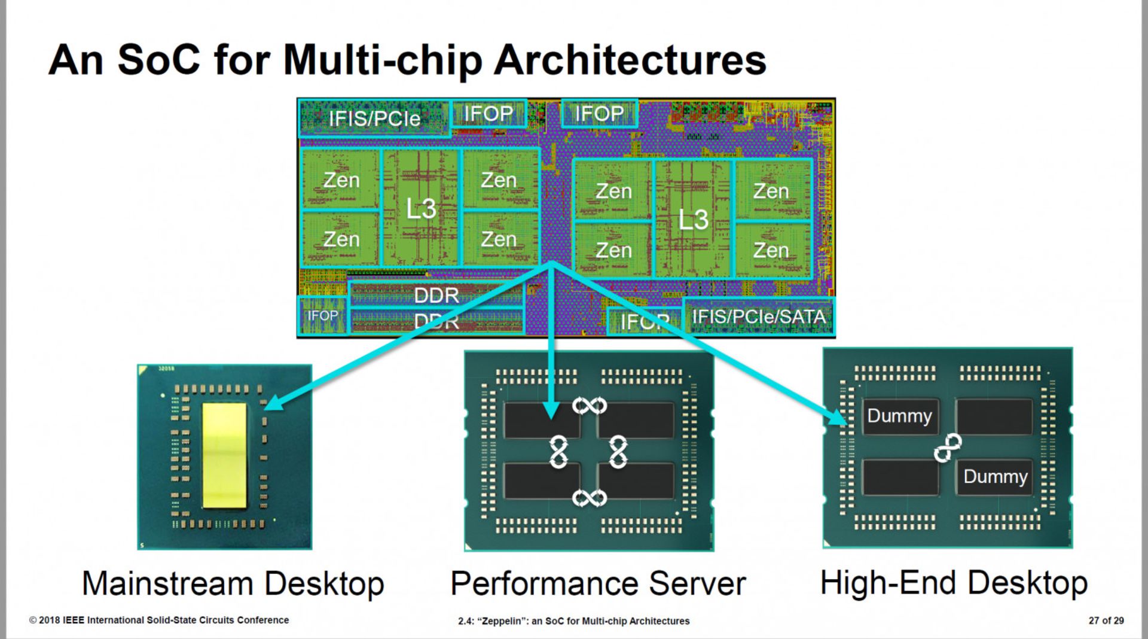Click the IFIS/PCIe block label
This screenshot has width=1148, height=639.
[374, 118]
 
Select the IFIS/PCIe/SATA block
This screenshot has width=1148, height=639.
[758, 316]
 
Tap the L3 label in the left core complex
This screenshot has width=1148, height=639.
[421, 209]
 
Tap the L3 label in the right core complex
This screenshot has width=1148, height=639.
[693, 220]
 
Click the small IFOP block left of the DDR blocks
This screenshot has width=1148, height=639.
[322, 315]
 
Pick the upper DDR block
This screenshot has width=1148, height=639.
[436, 295]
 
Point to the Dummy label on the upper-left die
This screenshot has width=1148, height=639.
[899, 416]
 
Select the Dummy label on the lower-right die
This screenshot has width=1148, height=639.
[995, 476]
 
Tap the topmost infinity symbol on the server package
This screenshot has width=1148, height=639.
[590, 406]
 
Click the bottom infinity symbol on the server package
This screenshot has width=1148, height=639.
[590, 497]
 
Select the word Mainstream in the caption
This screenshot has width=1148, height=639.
[167, 583]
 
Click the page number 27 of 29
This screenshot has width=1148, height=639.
[1106, 620]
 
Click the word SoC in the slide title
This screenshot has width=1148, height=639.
[158, 60]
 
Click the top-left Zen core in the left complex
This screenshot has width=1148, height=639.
[341, 179]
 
